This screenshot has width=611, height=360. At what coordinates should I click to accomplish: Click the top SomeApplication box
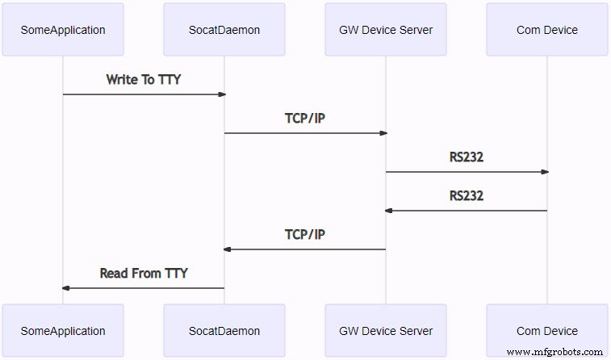(x=63, y=30)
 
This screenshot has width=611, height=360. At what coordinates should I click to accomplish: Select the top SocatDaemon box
(x=224, y=30)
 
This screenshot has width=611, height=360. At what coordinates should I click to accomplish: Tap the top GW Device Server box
(x=386, y=30)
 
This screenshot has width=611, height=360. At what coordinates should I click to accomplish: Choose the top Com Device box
(x=547, y=30)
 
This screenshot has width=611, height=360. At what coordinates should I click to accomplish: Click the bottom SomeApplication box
(x=63, y=330)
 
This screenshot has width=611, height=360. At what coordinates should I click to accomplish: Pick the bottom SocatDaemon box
(x=224, y=330)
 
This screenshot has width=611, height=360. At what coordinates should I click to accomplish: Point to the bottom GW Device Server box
(x=386, y=330)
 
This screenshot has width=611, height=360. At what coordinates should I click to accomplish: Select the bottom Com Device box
(x=547, y=330)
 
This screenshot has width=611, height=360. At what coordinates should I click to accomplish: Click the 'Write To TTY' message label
(x=144, y=80)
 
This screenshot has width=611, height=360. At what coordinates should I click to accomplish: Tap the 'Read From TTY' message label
(x=144, y=274)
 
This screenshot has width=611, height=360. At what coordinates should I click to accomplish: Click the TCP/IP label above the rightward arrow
(x=305, y=119)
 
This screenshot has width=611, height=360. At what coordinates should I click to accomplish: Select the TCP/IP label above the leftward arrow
(x=305, y=235)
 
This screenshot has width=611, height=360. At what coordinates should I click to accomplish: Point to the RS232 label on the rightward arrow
(x=467, y=157)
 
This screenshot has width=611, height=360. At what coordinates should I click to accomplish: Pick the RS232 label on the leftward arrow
(x=467, y=196)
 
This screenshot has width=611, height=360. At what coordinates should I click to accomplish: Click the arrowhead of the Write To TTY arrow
(x=221, y=94)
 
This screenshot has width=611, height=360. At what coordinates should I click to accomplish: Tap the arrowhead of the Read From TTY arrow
(x=66, y=288)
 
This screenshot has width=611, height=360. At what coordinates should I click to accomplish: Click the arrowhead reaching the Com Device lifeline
(x=544, y=172)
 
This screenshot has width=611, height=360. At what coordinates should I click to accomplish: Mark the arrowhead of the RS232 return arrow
(x=389, y=211)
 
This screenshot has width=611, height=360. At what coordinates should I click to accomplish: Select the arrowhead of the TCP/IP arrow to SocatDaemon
(x=228, y=249)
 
